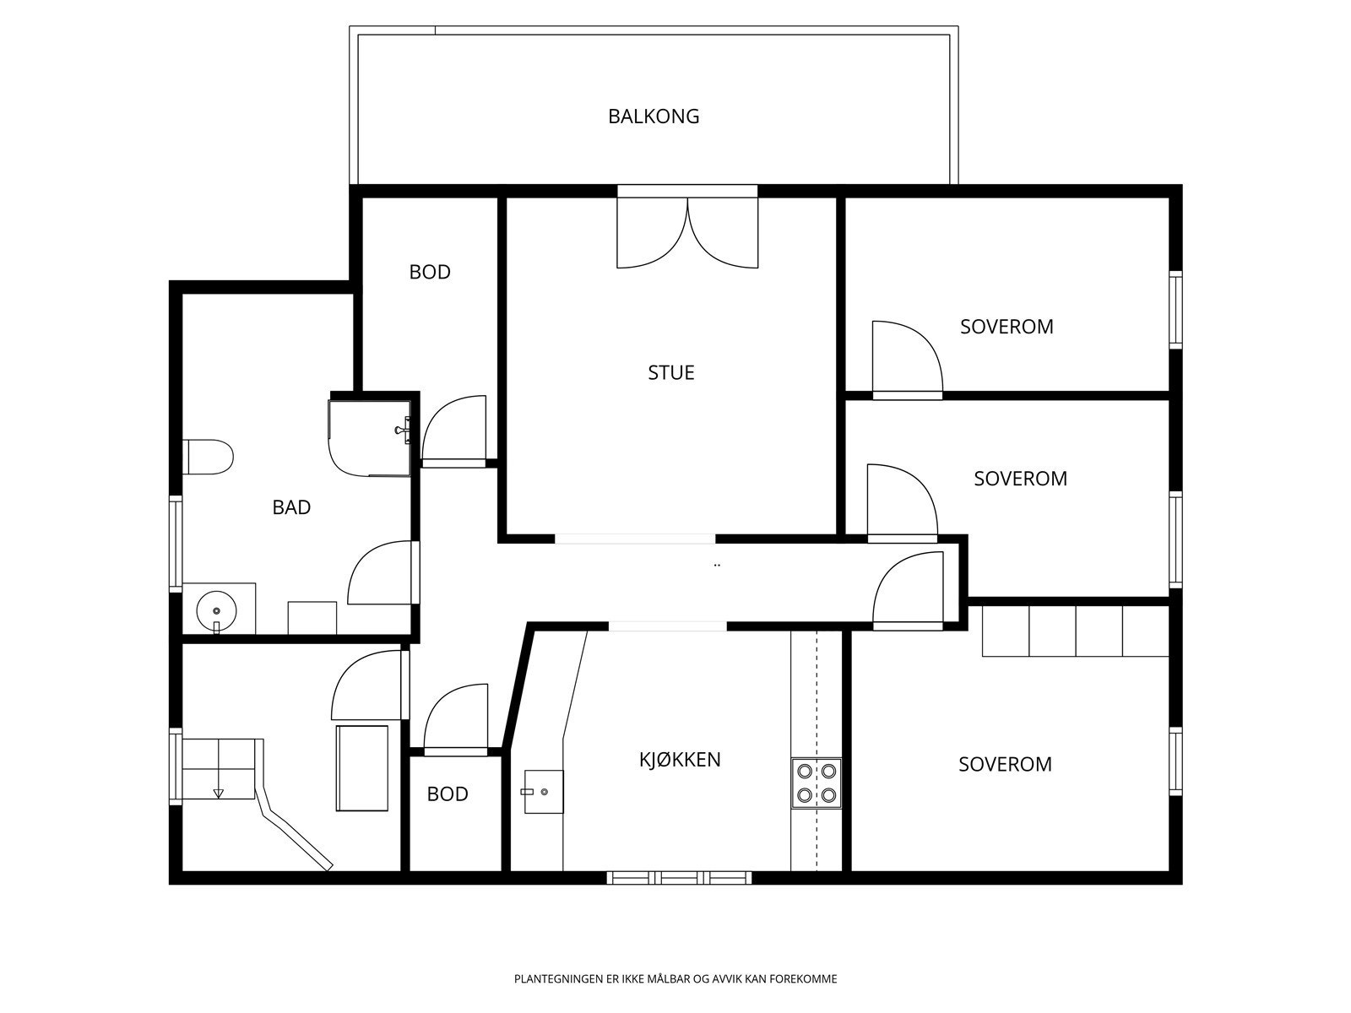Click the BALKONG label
click(x=654, y=116)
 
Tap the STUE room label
click(x=671, y=373)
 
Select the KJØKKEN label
click(x=680, y=760)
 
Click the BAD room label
click(x=291, y=507)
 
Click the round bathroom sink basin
click(x=217, y=610)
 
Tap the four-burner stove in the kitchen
click(x=817, y=783)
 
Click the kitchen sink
click(x=544, y=792)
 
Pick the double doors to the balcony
click(x=687, y=232)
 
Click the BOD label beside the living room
click(x=430, y=272)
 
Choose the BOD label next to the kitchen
click(x=448, y=794)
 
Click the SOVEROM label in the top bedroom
click(x=1006, y=327)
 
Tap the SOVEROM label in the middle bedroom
click(x=1021, y=479)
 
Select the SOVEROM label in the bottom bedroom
click(x=1005, y=765)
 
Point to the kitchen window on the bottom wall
click(x=679, y=878)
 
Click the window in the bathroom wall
click(x=176, y=544)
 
